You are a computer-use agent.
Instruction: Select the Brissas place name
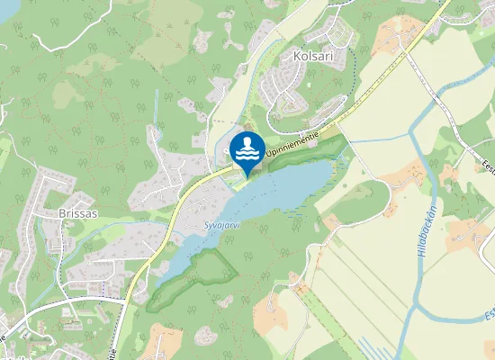coord(75,214)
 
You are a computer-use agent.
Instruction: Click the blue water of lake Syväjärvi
coord(279,189)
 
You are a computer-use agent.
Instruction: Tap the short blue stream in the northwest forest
coord(157,108)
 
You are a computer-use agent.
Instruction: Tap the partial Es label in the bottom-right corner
coord(488,315)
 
